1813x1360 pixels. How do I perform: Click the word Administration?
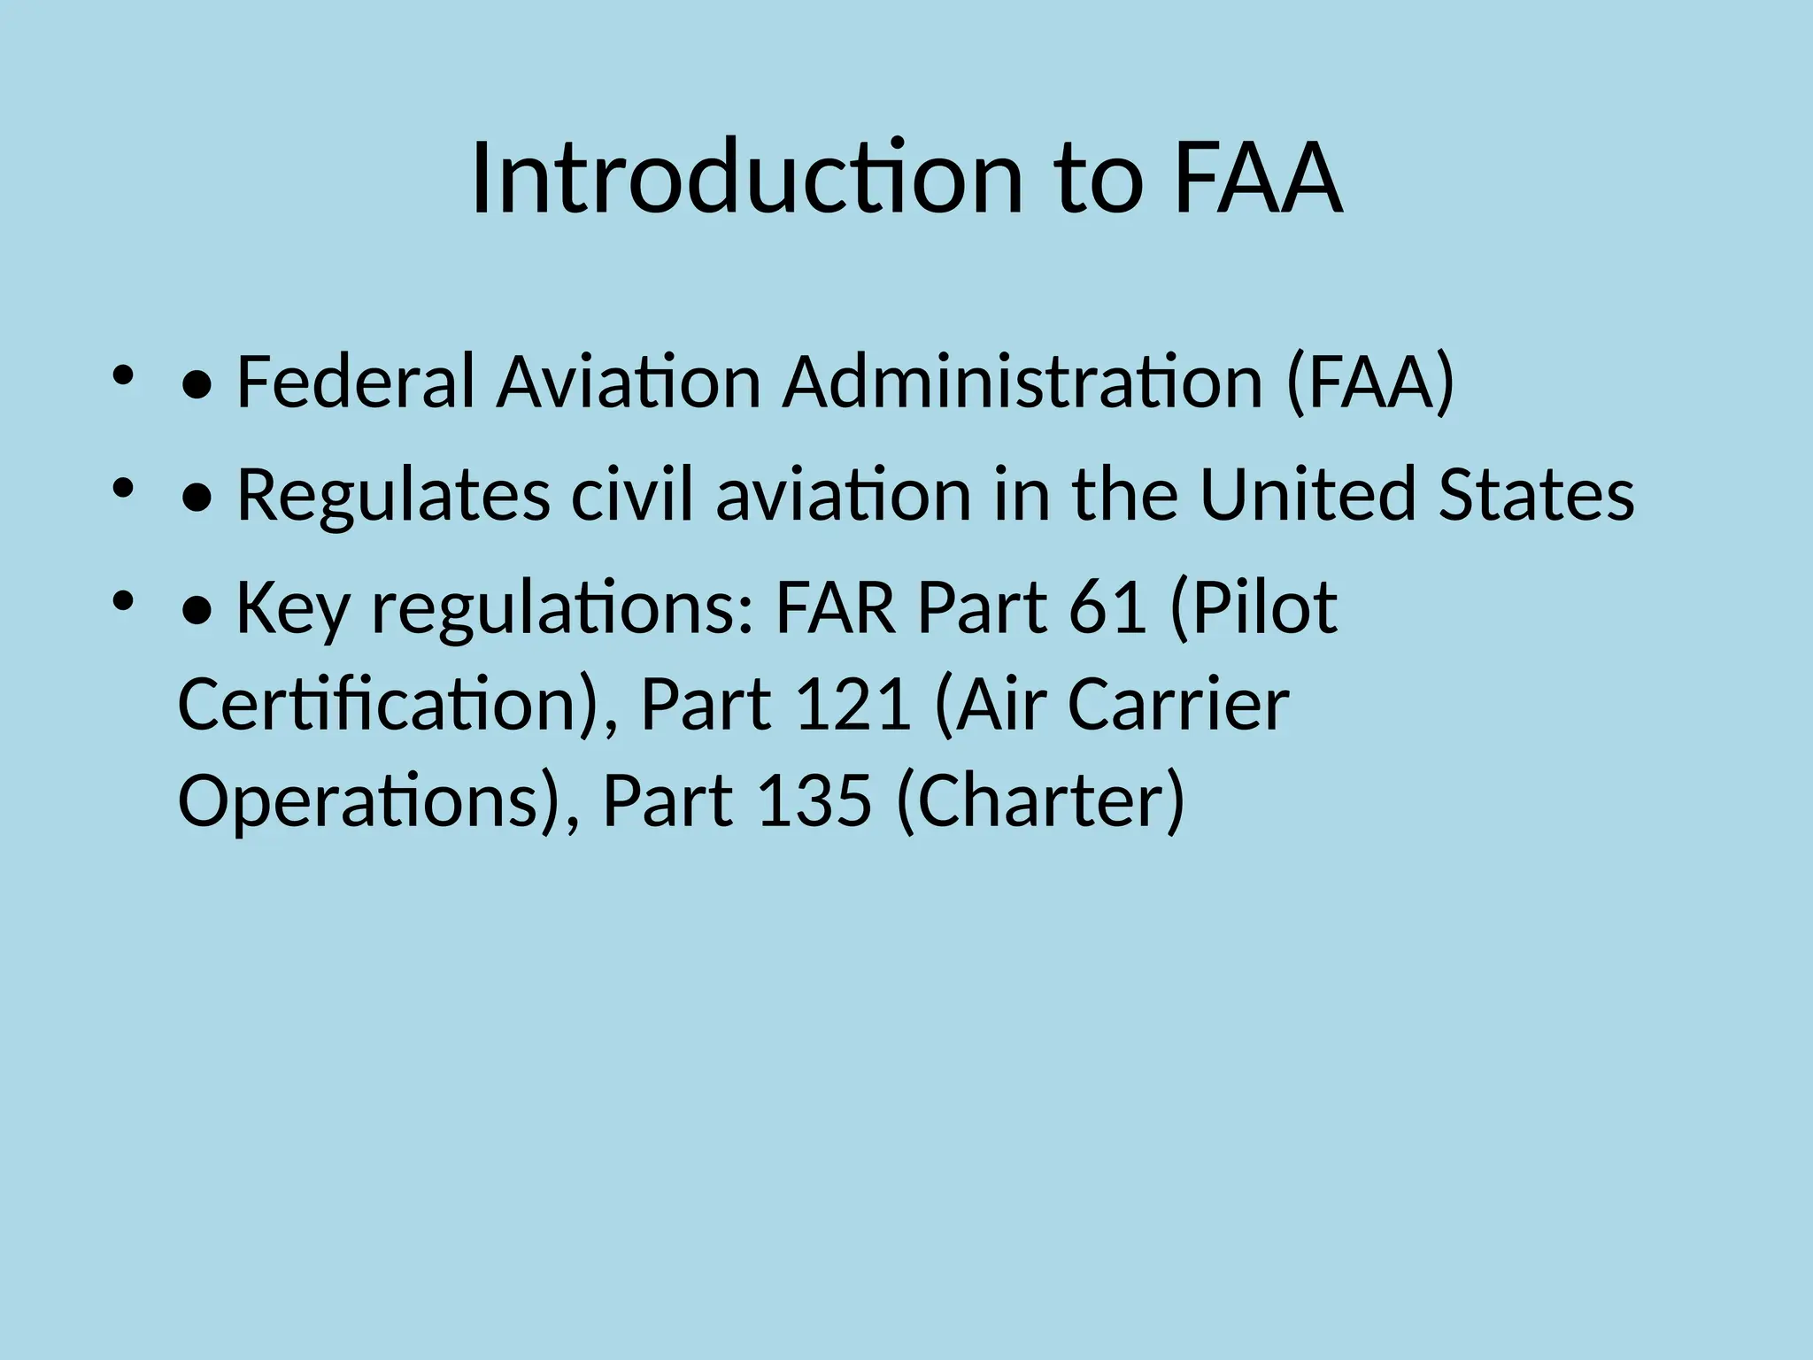coord(1022,382)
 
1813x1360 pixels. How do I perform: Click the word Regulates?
coord(394,495)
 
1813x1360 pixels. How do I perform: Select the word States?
coord(1536,495)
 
